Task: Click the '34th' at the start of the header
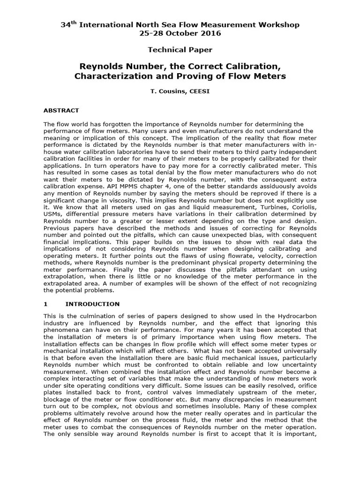(69, 24)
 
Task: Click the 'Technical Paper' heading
(180, 50)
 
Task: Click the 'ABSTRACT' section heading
(61, 111)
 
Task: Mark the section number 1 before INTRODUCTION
(45, 304)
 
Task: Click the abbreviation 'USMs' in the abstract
(52, 214)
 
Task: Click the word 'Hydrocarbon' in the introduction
(298, 317)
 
